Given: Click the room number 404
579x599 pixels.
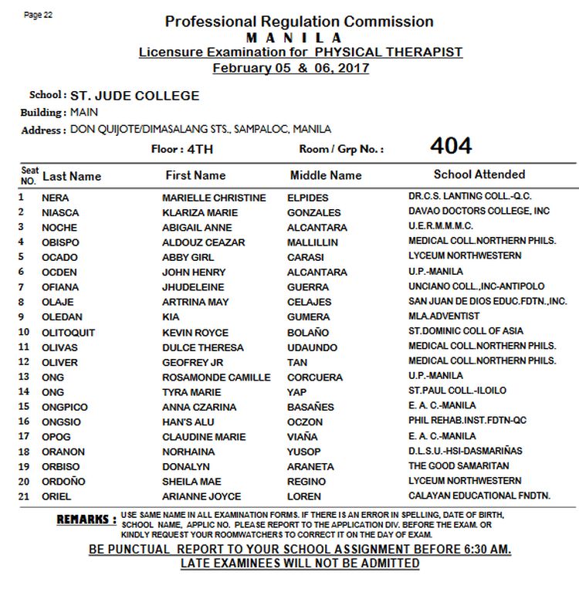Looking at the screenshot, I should click(x=451, y=146).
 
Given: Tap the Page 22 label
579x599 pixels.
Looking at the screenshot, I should click(x=39, y=15).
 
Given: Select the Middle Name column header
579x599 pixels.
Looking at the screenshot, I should click(x=326, y=175).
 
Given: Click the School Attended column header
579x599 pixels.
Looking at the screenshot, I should click(x=479, y=174).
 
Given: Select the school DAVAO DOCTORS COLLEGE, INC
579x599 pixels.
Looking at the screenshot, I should click(x=479, y=211).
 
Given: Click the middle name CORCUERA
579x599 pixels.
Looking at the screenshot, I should click(x=315, y=377).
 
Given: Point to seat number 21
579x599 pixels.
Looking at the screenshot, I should click(x=24, y=496).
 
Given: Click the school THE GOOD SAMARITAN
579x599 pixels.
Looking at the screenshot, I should click(x=459, y=465).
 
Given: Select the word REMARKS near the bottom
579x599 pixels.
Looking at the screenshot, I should click(x=86, y=520).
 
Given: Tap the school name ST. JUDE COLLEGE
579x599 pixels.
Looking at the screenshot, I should click(x=134, y=96).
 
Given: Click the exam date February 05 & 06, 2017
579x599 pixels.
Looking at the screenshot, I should click(x=290, y=68).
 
